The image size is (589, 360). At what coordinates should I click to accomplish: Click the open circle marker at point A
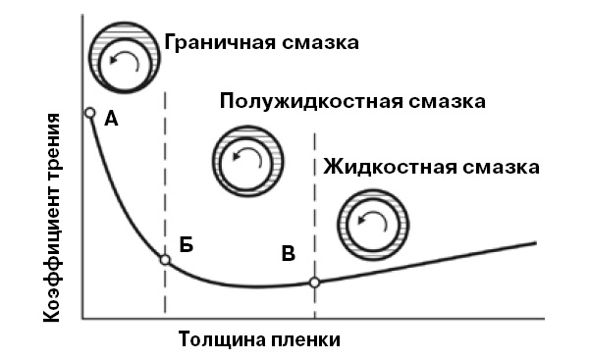point(89,114)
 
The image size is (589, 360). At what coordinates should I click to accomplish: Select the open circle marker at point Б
point(165,260)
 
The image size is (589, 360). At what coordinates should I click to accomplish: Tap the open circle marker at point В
point(314,283)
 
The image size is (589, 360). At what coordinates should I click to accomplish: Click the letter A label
point(112,120)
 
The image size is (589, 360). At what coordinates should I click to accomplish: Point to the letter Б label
point(187,245)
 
